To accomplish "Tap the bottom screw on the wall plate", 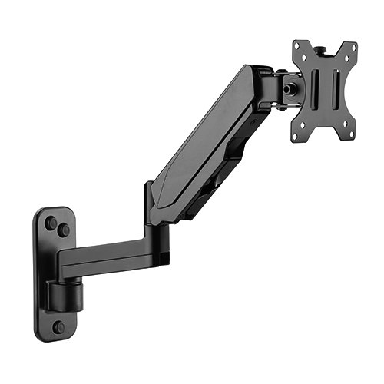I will coord(58,326).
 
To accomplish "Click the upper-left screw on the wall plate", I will coord(51,223).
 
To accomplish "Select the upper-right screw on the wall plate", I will coord(64,230).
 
